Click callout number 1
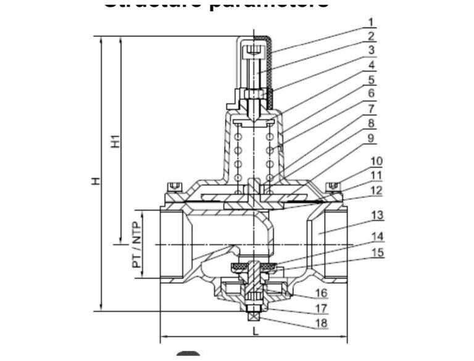coord(372,22)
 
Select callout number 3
coord(372,51)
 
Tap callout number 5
coord(372,79)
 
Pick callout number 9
coord(372,138)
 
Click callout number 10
coord(376,161)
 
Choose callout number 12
coord(376,190)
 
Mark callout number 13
coord(376,215)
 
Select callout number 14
coord(376,236)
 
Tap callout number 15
coord(376,252)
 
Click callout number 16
coord(321,293)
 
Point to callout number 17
coord(321,308)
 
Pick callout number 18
coord(321,323)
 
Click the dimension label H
coord(95,181)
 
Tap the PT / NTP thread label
coord(136,245)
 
